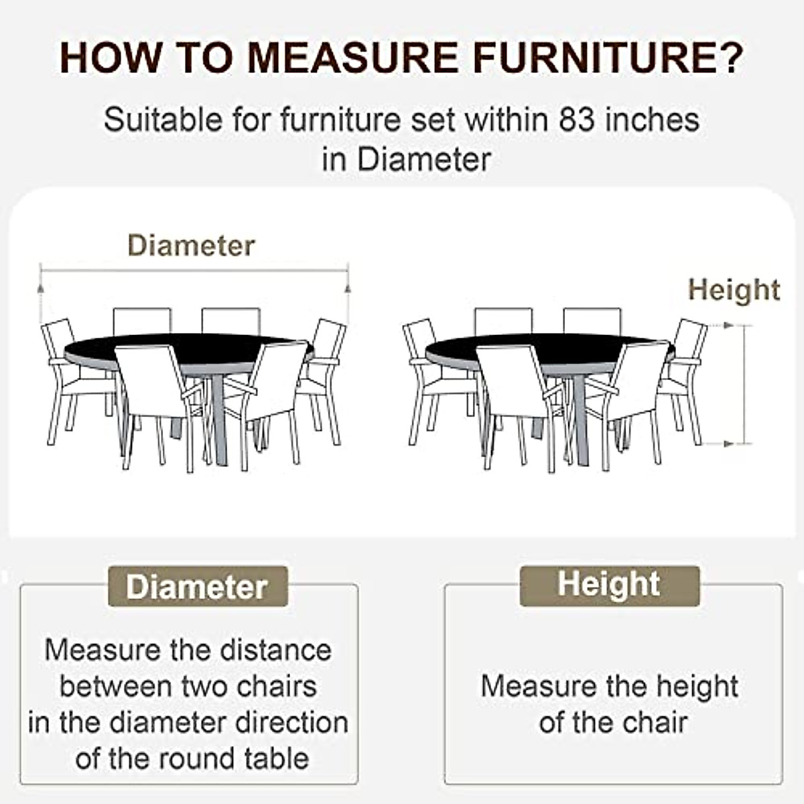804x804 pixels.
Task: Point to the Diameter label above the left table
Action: pos(191,246)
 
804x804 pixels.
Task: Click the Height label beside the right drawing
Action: pos(734,290)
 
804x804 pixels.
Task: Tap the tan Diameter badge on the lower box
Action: pos(198,586)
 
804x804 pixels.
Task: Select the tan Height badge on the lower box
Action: pos(609,585)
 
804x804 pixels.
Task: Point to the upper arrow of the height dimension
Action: pos(728,326)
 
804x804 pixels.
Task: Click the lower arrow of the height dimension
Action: pos(728,444)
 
